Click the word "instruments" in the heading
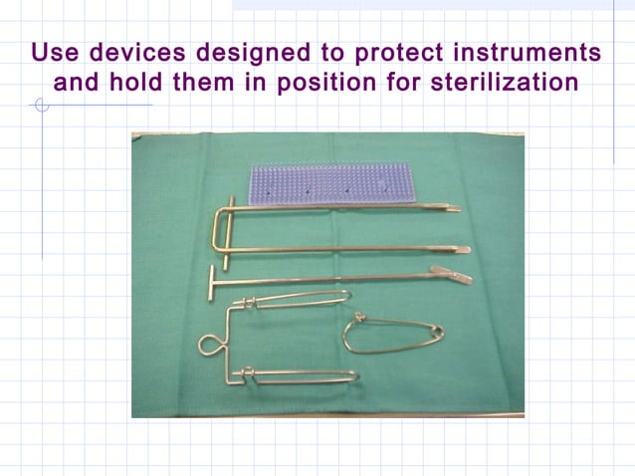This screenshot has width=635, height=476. [536, 52]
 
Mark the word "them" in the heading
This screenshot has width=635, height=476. [206, 83]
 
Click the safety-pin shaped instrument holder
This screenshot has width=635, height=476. [392, 334]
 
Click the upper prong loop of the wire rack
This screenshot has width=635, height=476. [299, 297]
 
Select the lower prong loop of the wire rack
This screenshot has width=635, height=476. [304, 375]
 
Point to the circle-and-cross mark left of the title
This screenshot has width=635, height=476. [41, 106]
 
